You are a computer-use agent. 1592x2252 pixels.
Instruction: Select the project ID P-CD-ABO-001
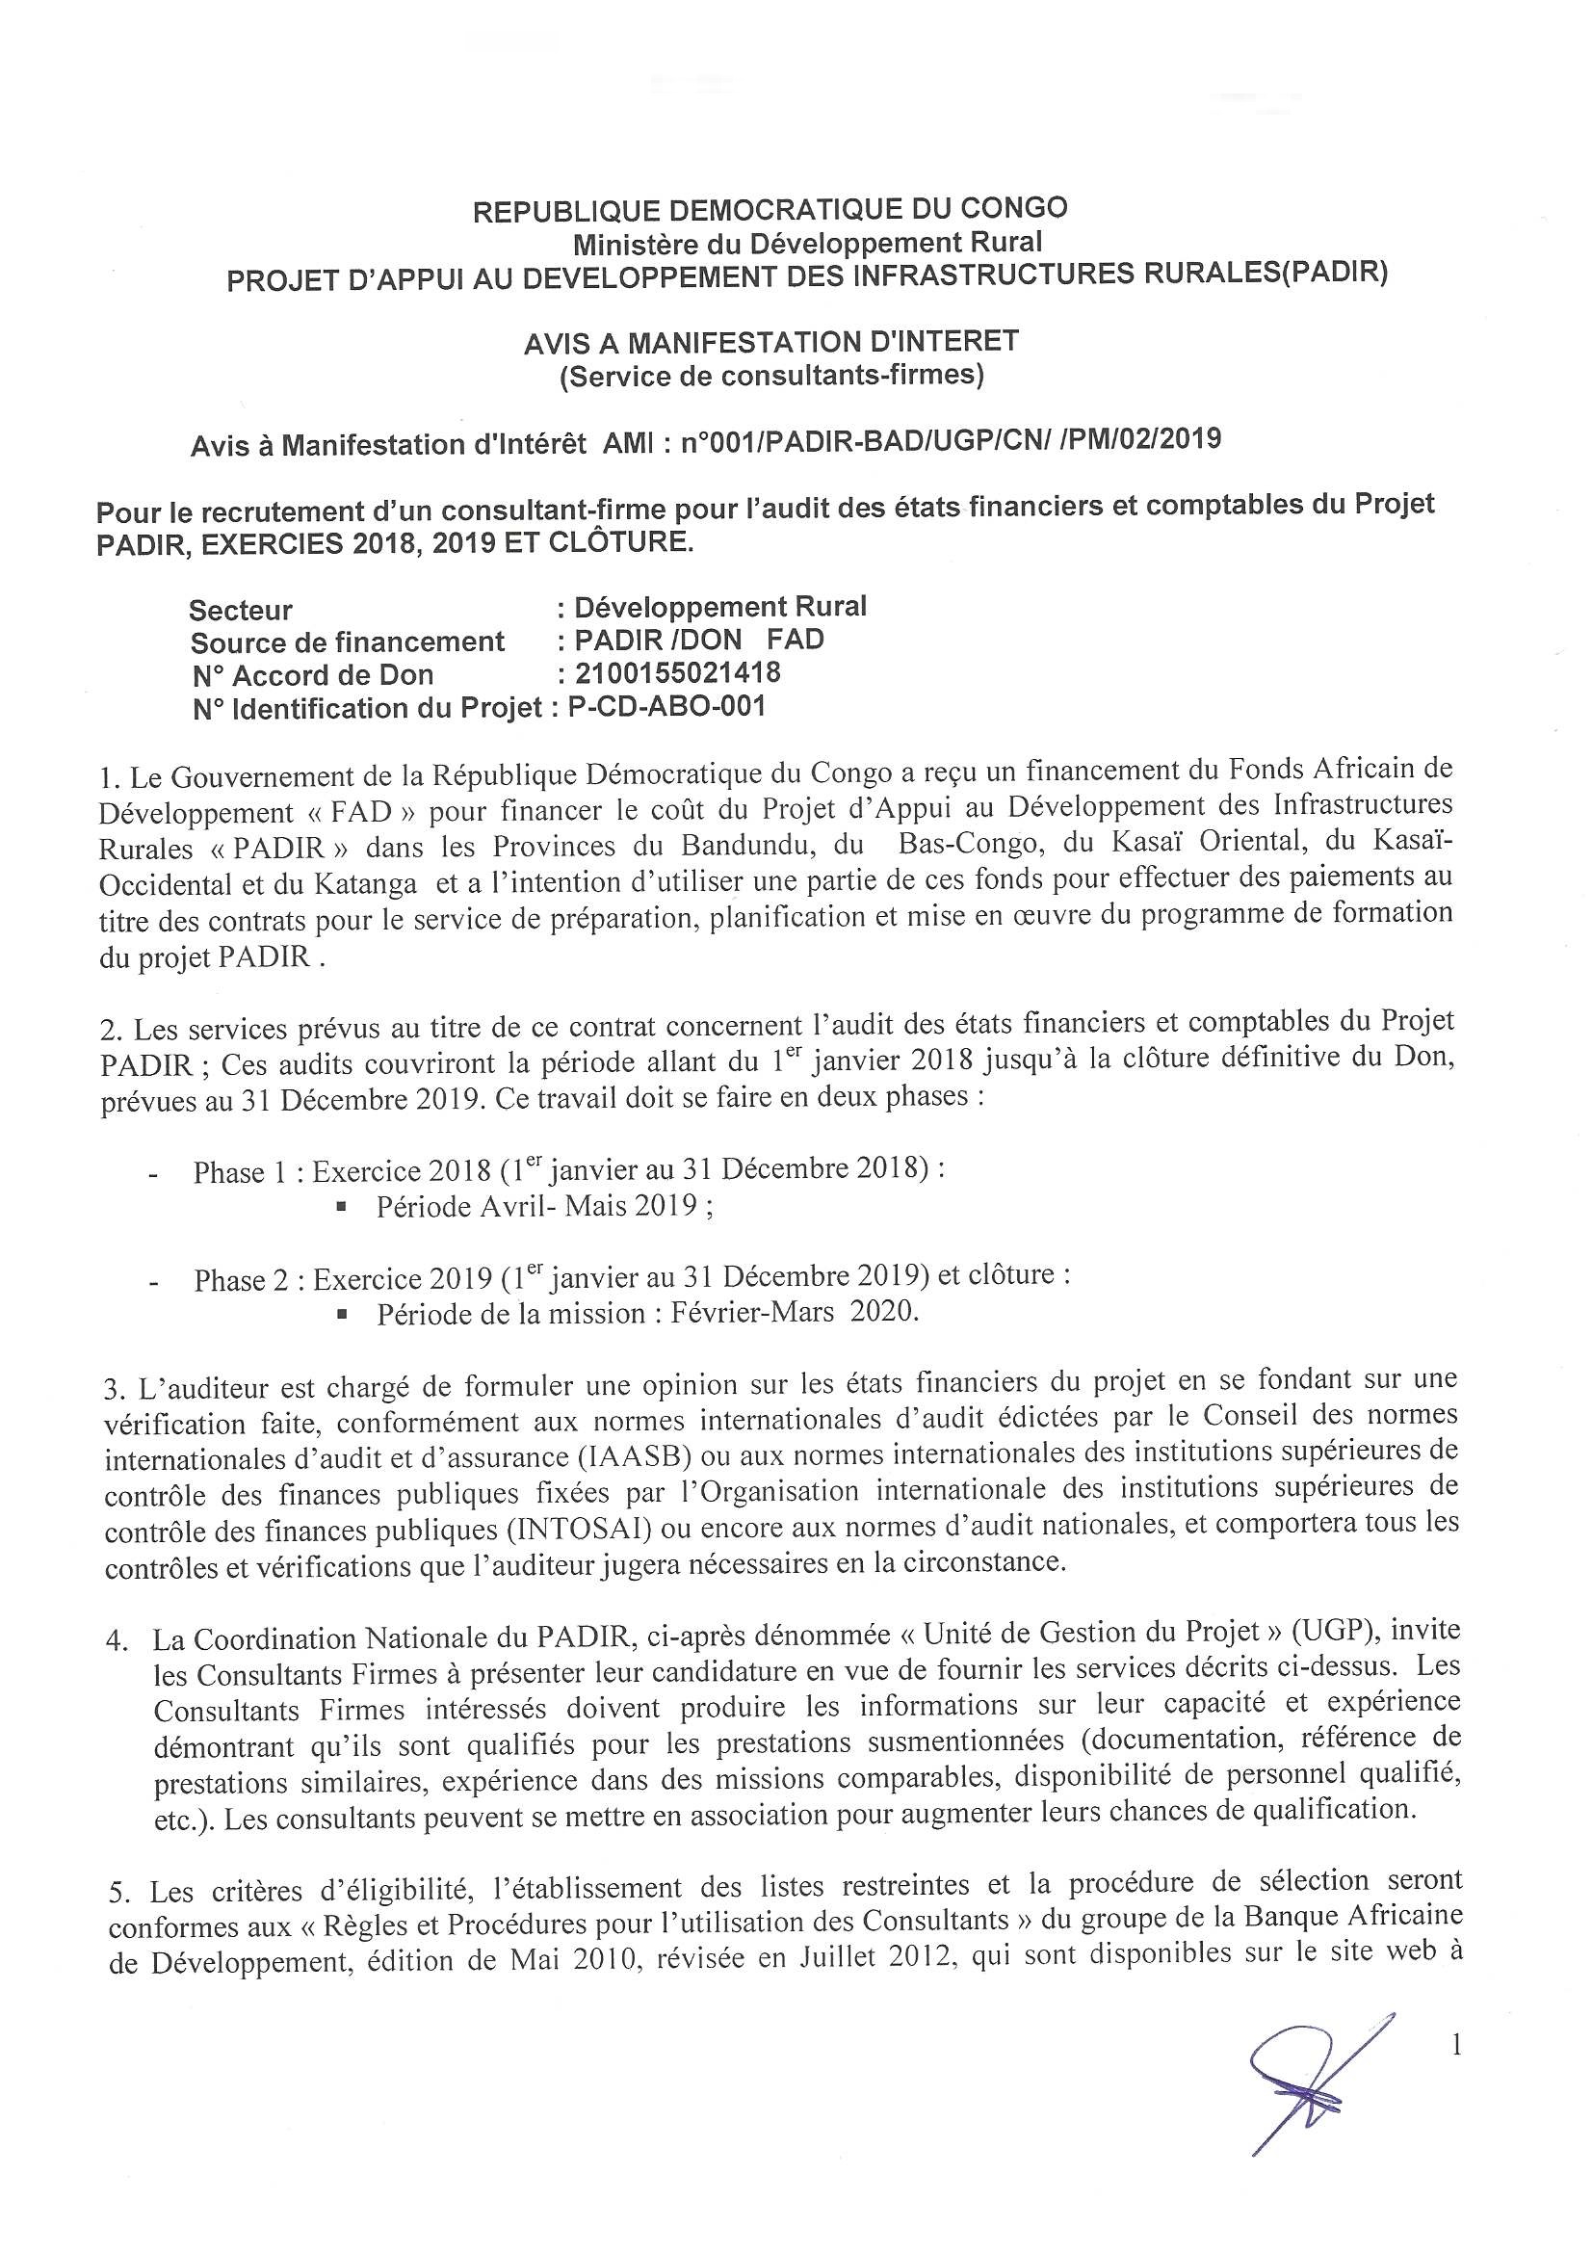[x=666, y=706]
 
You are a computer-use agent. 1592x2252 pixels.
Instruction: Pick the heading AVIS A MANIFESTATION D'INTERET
[x=771, y=341]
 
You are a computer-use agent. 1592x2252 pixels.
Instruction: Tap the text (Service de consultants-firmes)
[x=771, y=376]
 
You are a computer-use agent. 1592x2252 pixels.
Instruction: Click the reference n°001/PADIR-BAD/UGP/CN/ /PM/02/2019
[x=951, y=439]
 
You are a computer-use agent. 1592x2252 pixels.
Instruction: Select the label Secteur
[x=241, y=610]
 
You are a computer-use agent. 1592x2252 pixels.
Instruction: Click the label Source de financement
[x=348, y=642]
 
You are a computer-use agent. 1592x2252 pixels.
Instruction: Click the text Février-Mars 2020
[x=795, y=1312]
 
